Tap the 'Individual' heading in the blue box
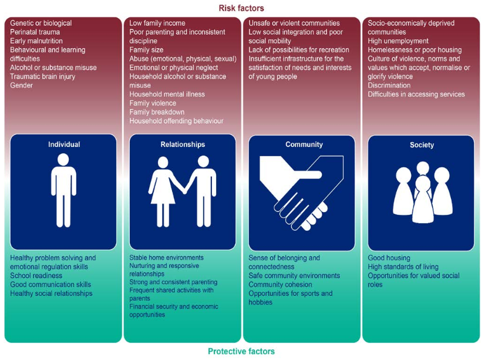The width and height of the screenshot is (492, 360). (x=64, y=144)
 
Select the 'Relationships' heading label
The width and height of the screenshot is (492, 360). (x=183, y=144)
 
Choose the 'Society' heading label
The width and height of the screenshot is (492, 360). (x=422, y=145)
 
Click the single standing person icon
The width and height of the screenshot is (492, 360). (x=63, y=194)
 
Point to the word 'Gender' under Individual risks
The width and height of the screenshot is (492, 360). (x=22, y=86)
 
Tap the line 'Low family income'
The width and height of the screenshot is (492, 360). (x=157, y=23)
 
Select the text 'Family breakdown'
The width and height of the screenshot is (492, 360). (x=157, y=112)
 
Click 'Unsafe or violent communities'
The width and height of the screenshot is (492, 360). (x=294, y=23)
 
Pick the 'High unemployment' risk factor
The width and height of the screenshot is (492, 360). (x=398, y=41)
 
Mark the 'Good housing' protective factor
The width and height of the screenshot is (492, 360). (x=389, y=258)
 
